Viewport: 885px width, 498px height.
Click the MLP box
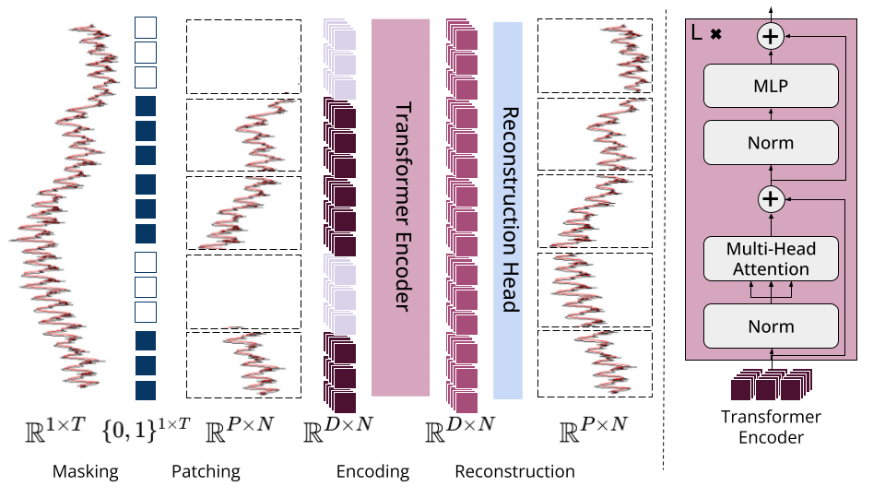coord(771,87)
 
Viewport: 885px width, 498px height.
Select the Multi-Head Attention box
coord(771,258)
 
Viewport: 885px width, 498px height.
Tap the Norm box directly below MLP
coord(771,143)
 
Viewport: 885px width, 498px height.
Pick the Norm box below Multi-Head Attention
coord(771,326)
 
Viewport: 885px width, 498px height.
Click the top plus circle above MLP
coord(770,36)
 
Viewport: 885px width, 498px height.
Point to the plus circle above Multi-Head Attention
coord(770,198)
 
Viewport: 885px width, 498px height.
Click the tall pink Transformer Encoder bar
coord(401,207)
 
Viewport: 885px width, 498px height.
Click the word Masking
coord(86,472)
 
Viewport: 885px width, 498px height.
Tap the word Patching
coord(206,472)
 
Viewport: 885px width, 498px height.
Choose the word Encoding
coord(372,472)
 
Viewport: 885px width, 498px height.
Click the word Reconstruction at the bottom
coord(514,472)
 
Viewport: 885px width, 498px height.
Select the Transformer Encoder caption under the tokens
coord(772,427)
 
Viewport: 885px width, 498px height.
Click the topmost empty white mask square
coord(146,28)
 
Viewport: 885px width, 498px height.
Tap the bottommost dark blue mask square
coord(146,390)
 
